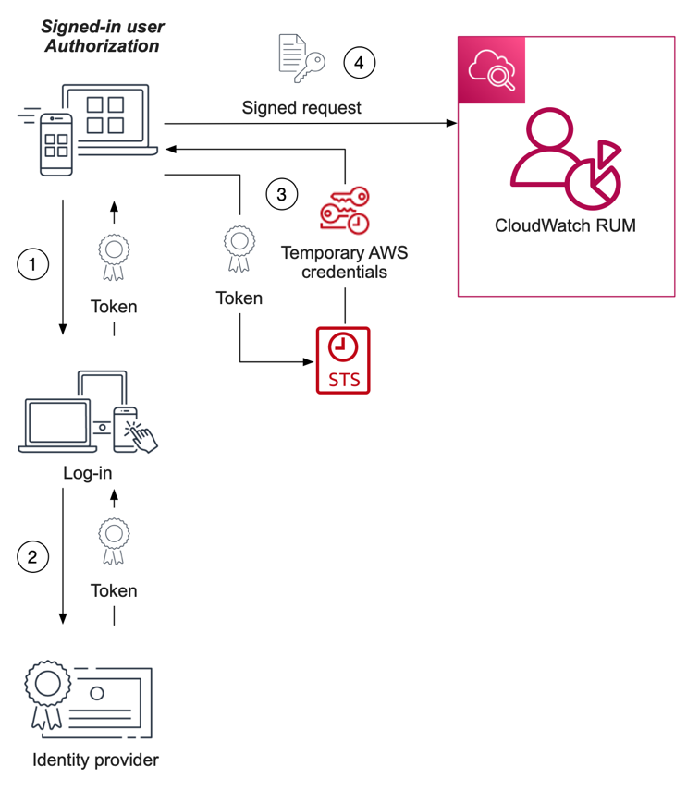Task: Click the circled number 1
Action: (x=33, y=264)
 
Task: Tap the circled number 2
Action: (x=33, y=556)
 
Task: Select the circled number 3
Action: (x=282, y=194)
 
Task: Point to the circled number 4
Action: (x=360, y=63)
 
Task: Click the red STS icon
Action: (x=343, y=359)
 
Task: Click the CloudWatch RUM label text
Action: (x=565, y=225)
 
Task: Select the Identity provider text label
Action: (x=95, y=760)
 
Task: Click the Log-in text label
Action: (x=89, y=474)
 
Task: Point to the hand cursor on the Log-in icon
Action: (x=141, y=435)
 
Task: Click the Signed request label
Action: (x=301, y=108)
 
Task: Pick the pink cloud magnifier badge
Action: (x=492, y=70)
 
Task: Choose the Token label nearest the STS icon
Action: (x=239, y=298)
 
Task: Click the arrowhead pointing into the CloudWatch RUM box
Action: (x=453, y=124)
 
